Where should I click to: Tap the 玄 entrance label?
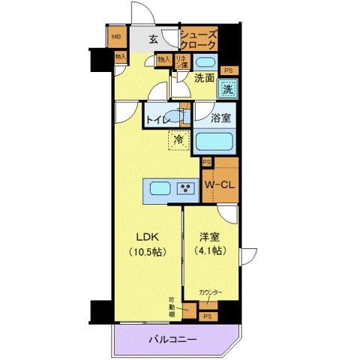point(152,40)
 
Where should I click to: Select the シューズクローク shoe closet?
point(199,40)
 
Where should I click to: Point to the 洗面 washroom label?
point(205,77)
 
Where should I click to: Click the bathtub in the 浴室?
point(216,142)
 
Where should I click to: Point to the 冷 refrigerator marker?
point(178,139)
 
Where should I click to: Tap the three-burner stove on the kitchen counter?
point(184,188)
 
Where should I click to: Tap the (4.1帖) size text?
point(209,251)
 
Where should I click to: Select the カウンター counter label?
point(211,292)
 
